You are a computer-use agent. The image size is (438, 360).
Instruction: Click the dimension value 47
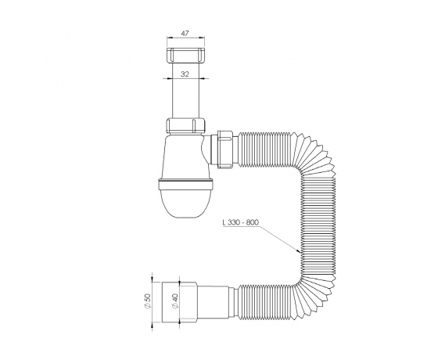(x=185, y=33)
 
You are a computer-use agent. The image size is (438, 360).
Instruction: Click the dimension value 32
(x=185, y=74)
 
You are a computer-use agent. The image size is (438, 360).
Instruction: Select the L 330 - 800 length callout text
(x=241, y=222)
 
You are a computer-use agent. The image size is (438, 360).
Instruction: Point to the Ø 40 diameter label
(x=175, y=301)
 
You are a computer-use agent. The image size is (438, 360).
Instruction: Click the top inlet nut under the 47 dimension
(x=185, y=55)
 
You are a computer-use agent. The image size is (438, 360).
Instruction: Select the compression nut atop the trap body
(x=186, y=125)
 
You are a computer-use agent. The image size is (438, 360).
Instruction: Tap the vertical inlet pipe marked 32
(x=186, y=90)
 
